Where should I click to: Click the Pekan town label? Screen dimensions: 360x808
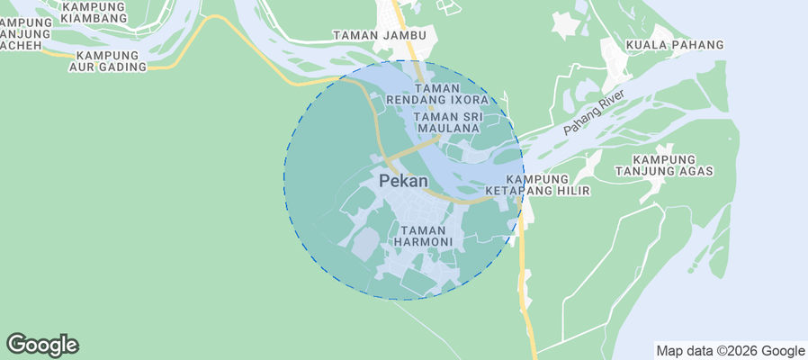(403, 181)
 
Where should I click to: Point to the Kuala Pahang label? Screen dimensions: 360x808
(675, 45)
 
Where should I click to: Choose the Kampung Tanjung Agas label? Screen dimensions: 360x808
(663, 164)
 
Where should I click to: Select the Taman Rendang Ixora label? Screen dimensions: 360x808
(436, 94)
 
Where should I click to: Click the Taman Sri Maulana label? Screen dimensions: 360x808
(447, 122)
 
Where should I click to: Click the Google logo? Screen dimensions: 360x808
(42, 345)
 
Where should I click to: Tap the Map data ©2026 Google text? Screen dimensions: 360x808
(730, 351)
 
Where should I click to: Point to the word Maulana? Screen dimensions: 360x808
(447, 129)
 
